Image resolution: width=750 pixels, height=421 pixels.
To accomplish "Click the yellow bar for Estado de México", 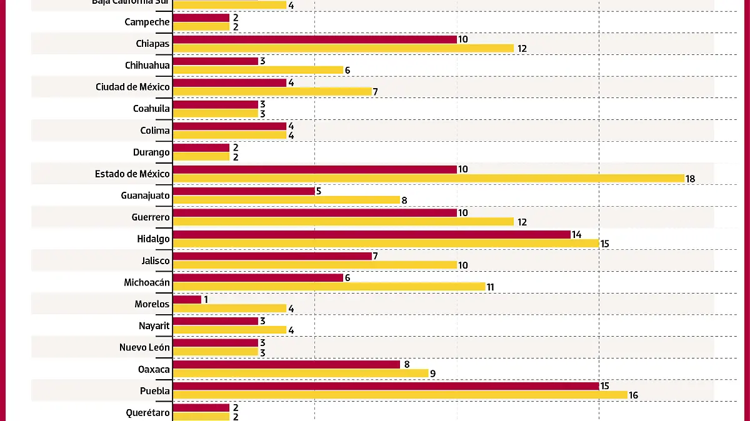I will [x=428, y=179].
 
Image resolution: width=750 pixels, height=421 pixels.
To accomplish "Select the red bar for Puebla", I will [x=386, y=386].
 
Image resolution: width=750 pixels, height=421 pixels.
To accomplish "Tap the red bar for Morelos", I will [x=187, y=300].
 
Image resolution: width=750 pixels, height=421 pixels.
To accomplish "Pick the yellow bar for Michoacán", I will [x=329, y=287].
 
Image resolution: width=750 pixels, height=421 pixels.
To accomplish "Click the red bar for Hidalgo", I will [x=371, y=235].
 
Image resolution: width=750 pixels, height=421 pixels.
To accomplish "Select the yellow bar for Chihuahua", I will [x=257, y=70].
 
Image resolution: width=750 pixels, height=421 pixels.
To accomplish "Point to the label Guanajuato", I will [x=145, y=196].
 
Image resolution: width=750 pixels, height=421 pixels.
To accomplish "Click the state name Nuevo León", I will [x=144, y=347].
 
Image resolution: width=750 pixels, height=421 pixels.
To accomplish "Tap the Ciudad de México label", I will [x=132, y=87].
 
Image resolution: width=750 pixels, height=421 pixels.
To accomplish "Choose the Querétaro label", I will [x=146, y=412].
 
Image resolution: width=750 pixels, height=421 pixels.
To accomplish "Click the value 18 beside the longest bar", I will [x=690, y=179].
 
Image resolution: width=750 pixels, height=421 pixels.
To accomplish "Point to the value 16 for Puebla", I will [x=633, y=395].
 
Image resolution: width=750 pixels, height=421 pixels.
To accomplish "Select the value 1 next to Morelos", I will [x=206, y=300].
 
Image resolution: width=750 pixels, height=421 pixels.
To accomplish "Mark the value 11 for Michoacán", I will [x=491, y=287].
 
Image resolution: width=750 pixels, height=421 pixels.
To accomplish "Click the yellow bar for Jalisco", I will [x=314, y=265].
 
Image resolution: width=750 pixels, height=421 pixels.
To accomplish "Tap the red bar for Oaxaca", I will [x=286, y=365].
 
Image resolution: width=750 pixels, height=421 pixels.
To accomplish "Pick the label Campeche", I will [x=147, y=22].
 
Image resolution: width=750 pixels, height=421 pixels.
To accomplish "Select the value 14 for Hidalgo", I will [x=576, y=235].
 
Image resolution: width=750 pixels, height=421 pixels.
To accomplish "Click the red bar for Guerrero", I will [x=314, y=213].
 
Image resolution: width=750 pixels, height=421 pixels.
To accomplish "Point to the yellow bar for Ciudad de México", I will [x=272, y=92].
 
